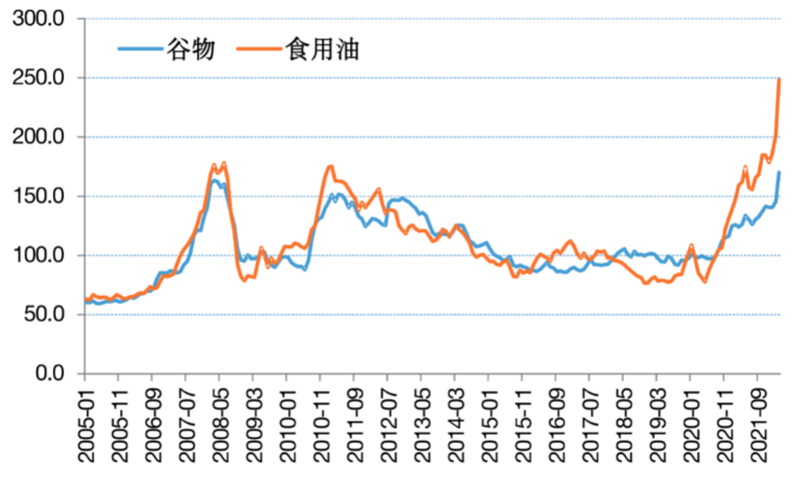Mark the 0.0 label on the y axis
[x=51, y=373]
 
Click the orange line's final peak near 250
[x=779, y=79]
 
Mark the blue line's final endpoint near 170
[x=779, y=172]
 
